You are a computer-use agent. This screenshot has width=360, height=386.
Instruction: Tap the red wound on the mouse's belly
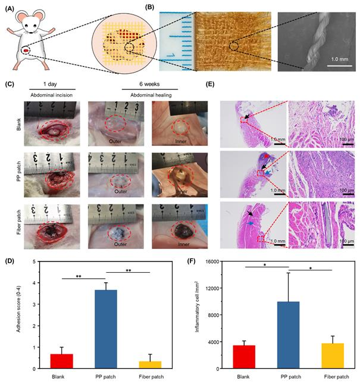[27, 51]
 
